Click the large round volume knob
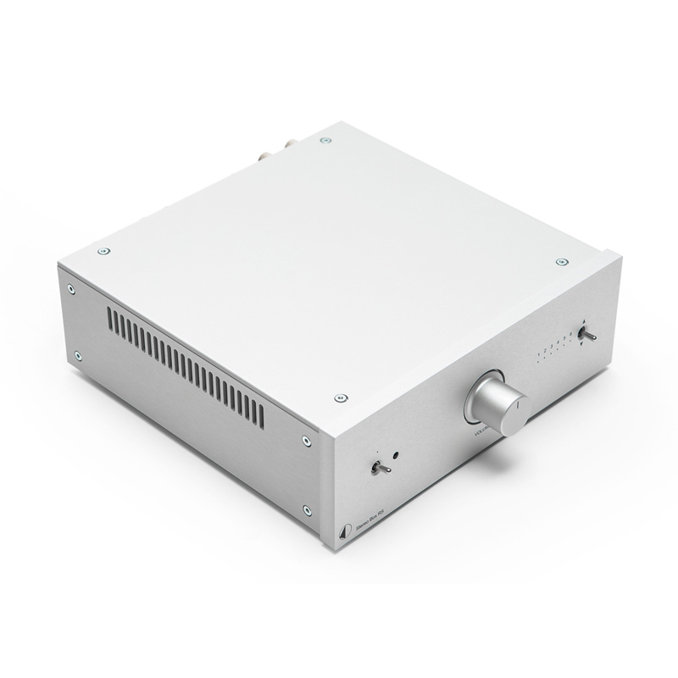497,402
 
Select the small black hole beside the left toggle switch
396,455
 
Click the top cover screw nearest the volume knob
341,397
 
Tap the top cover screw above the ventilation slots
103,251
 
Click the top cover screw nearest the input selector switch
560,262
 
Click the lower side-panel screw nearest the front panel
306,510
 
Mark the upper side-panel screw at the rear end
71,289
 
